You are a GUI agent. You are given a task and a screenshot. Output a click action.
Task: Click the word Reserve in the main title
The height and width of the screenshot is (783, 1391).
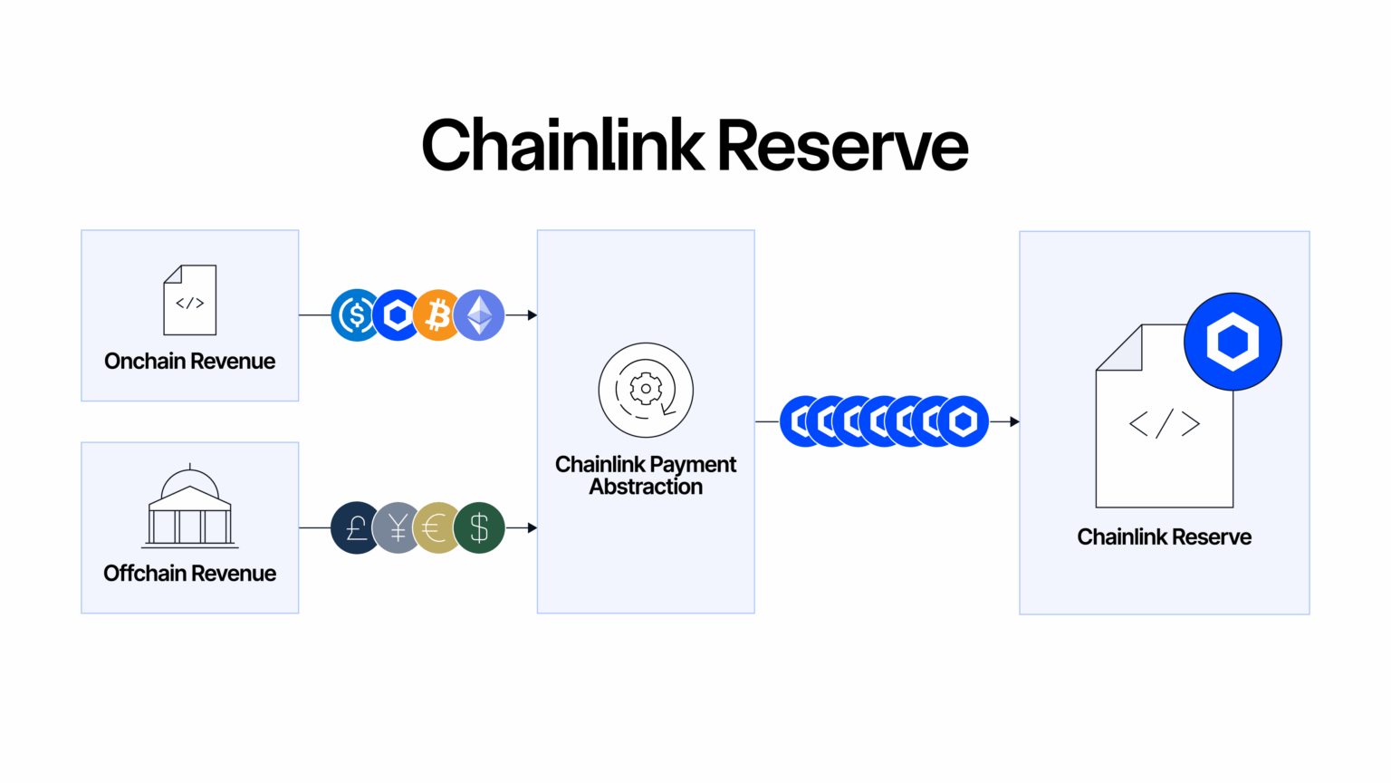point(842,146)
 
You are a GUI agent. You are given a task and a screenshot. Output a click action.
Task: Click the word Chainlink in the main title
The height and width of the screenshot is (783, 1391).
point(562,146)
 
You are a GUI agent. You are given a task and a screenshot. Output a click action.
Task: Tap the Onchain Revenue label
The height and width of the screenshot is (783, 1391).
point(189,362)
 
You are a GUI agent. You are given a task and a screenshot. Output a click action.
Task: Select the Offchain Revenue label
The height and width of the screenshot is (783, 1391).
point(189,574)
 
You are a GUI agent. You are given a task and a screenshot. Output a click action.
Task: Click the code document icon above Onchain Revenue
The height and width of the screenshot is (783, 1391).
point(190,300)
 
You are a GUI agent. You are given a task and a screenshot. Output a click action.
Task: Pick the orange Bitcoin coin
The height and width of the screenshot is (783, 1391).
point(436,315)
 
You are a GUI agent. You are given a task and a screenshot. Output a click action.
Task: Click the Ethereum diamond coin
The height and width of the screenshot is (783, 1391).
point(480,315)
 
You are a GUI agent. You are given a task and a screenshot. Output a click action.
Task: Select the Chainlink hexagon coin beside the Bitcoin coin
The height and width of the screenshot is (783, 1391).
point(396,315)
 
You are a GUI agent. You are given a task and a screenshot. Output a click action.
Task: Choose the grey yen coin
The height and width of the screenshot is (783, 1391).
point(396,527)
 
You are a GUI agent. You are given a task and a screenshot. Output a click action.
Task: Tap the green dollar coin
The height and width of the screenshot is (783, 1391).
point(480,527)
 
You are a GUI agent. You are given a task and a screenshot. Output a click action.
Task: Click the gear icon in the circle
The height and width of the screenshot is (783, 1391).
point(646,390)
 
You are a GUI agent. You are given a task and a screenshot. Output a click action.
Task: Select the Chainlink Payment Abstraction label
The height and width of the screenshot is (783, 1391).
point(646,476)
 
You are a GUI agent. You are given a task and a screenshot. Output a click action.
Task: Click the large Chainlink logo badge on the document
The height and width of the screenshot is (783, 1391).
point(1233,342)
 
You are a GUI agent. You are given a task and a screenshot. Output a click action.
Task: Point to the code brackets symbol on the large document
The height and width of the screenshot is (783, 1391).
point(1165,423)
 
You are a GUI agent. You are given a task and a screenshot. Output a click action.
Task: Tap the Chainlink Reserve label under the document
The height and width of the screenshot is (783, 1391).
point(1165,537)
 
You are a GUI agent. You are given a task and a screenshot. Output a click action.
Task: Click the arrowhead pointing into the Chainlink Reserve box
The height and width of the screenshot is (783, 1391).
point(1014,421)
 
